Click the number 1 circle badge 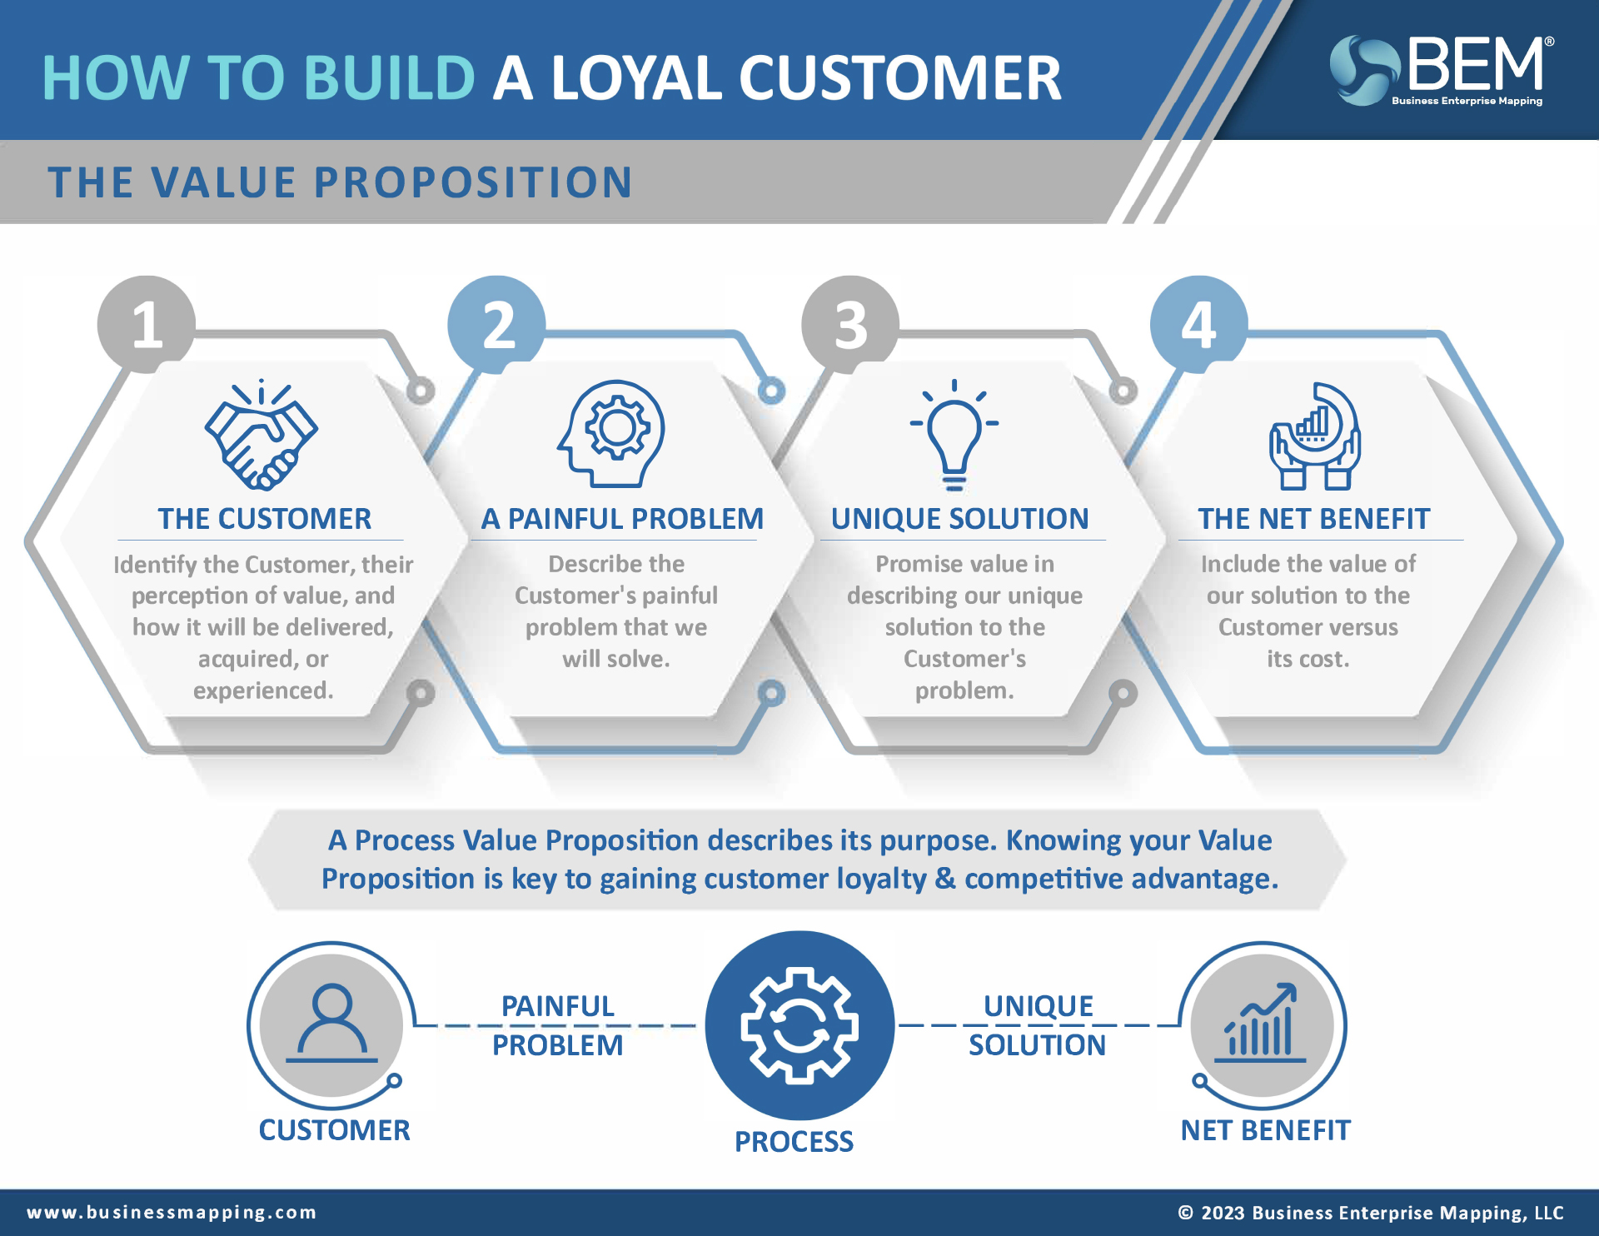tap(147, 325)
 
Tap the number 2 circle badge tap(497, 325)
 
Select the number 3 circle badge tap(850, 325)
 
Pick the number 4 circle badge tap(1199, 325)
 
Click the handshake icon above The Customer tap(262, 435)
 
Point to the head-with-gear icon tap(612, 434)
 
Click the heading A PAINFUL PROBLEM tap(622, 519)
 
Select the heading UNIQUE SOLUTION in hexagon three tap(959, 519)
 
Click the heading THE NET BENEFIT tap(1313, 519)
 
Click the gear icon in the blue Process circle tap(799, 1025)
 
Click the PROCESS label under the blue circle tap(794, 1141)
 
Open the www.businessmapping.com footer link tap(172, 1212)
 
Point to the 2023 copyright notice tap(1371, 1213)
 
